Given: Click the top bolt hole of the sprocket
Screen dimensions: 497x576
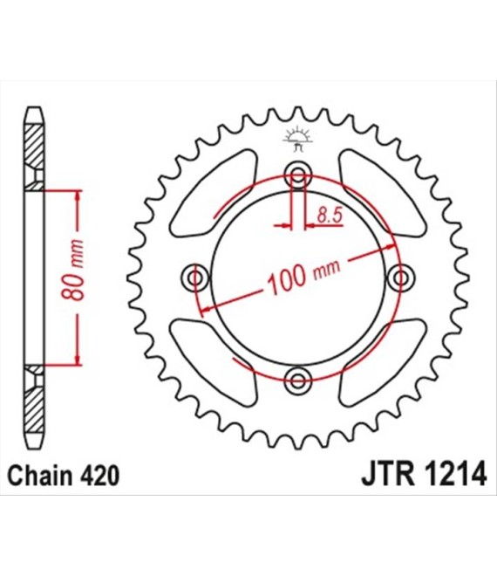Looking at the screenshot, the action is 297,175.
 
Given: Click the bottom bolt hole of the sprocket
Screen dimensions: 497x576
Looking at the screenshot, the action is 297,381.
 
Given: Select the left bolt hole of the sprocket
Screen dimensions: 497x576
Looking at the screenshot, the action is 195,278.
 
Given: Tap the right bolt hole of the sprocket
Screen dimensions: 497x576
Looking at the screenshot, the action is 400,278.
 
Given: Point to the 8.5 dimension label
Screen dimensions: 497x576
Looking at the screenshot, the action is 330,216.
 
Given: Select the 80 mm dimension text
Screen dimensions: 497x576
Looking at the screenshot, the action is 72,270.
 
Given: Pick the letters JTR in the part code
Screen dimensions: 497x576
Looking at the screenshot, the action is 388,476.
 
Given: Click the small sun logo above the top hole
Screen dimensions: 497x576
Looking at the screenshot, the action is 297,139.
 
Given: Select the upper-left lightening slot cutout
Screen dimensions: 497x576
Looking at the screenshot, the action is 214,194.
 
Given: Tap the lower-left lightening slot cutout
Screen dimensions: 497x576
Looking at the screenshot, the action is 214,362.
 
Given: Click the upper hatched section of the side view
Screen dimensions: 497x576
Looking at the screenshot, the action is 33,157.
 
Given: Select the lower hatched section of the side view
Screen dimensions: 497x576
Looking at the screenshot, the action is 33,399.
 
